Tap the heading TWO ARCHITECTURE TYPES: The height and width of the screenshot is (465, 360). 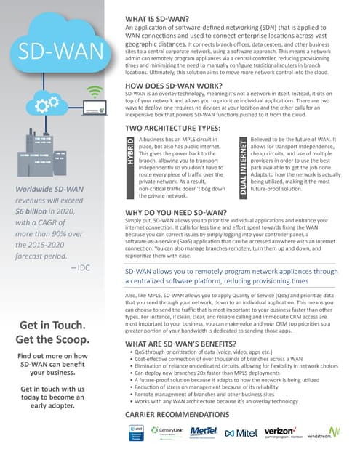(x=175, y=128)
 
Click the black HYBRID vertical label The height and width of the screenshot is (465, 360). (x=131, y=157)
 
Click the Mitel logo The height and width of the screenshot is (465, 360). (x=241, y=434)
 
